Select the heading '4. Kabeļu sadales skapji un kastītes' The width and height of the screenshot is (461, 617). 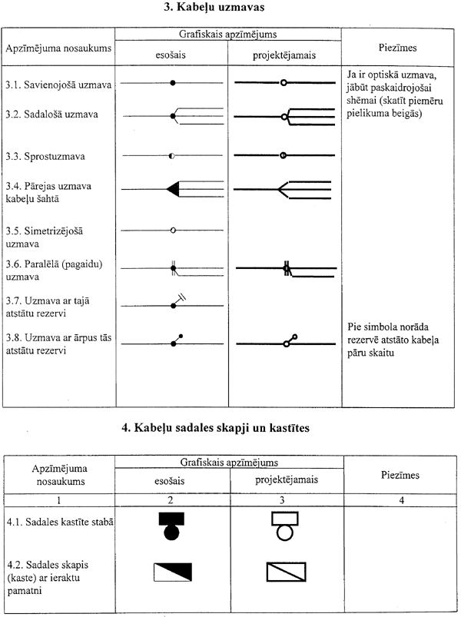[230, 428]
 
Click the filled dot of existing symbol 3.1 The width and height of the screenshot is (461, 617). [173, 81]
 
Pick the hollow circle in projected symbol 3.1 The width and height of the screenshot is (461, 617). [284, 81]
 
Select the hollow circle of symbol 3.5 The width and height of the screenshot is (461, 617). [173, 230]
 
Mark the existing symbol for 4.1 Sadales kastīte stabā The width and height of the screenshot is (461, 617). [171, 526]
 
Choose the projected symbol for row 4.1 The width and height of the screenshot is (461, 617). [284, 526]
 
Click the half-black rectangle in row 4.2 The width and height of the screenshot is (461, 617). [171, 572]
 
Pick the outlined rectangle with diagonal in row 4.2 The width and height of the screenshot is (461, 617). [285, 572]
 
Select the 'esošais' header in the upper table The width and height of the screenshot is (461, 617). [171, 55]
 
